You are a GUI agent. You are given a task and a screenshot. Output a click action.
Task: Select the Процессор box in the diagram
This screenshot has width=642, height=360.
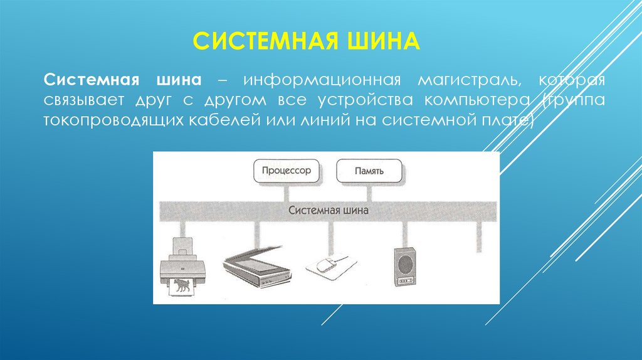287,171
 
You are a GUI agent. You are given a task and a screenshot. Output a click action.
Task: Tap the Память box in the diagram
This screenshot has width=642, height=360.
369,171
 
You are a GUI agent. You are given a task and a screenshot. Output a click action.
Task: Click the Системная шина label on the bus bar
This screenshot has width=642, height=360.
329,211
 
